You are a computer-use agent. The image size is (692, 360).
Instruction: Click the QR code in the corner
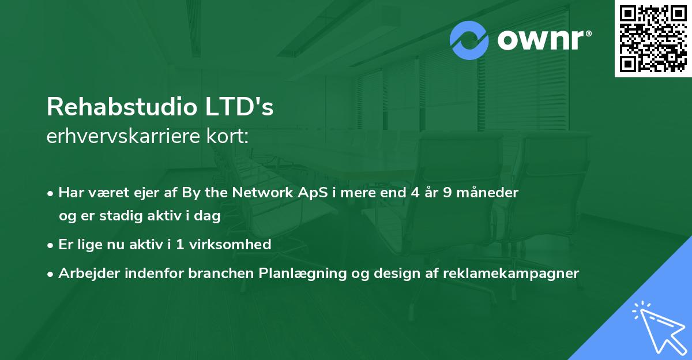point(653,39)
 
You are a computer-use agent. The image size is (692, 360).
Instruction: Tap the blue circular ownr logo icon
point(470,40)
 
